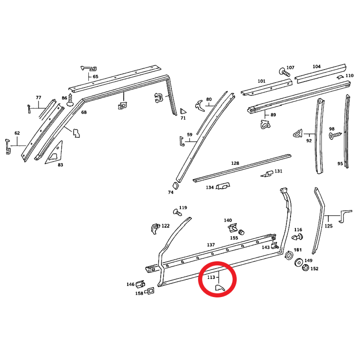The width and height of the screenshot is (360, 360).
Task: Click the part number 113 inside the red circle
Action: [x=211, y=277]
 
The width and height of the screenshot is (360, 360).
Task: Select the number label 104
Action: [x=316, y=67]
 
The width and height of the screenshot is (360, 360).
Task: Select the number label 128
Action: [x=235, y=163]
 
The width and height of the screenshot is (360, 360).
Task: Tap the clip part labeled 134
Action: [x=223, y=186]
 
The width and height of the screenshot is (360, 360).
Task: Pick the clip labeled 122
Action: [x=155, y=228]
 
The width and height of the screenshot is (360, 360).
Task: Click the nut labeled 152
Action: [x=305, y=268]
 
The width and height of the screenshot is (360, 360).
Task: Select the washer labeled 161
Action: [x=289, y=256]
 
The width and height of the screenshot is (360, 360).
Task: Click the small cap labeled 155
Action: [x=242, y=231]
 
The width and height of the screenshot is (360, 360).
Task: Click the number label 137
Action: [x=211, y=245]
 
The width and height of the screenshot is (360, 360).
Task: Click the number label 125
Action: [x=328, y=226]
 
